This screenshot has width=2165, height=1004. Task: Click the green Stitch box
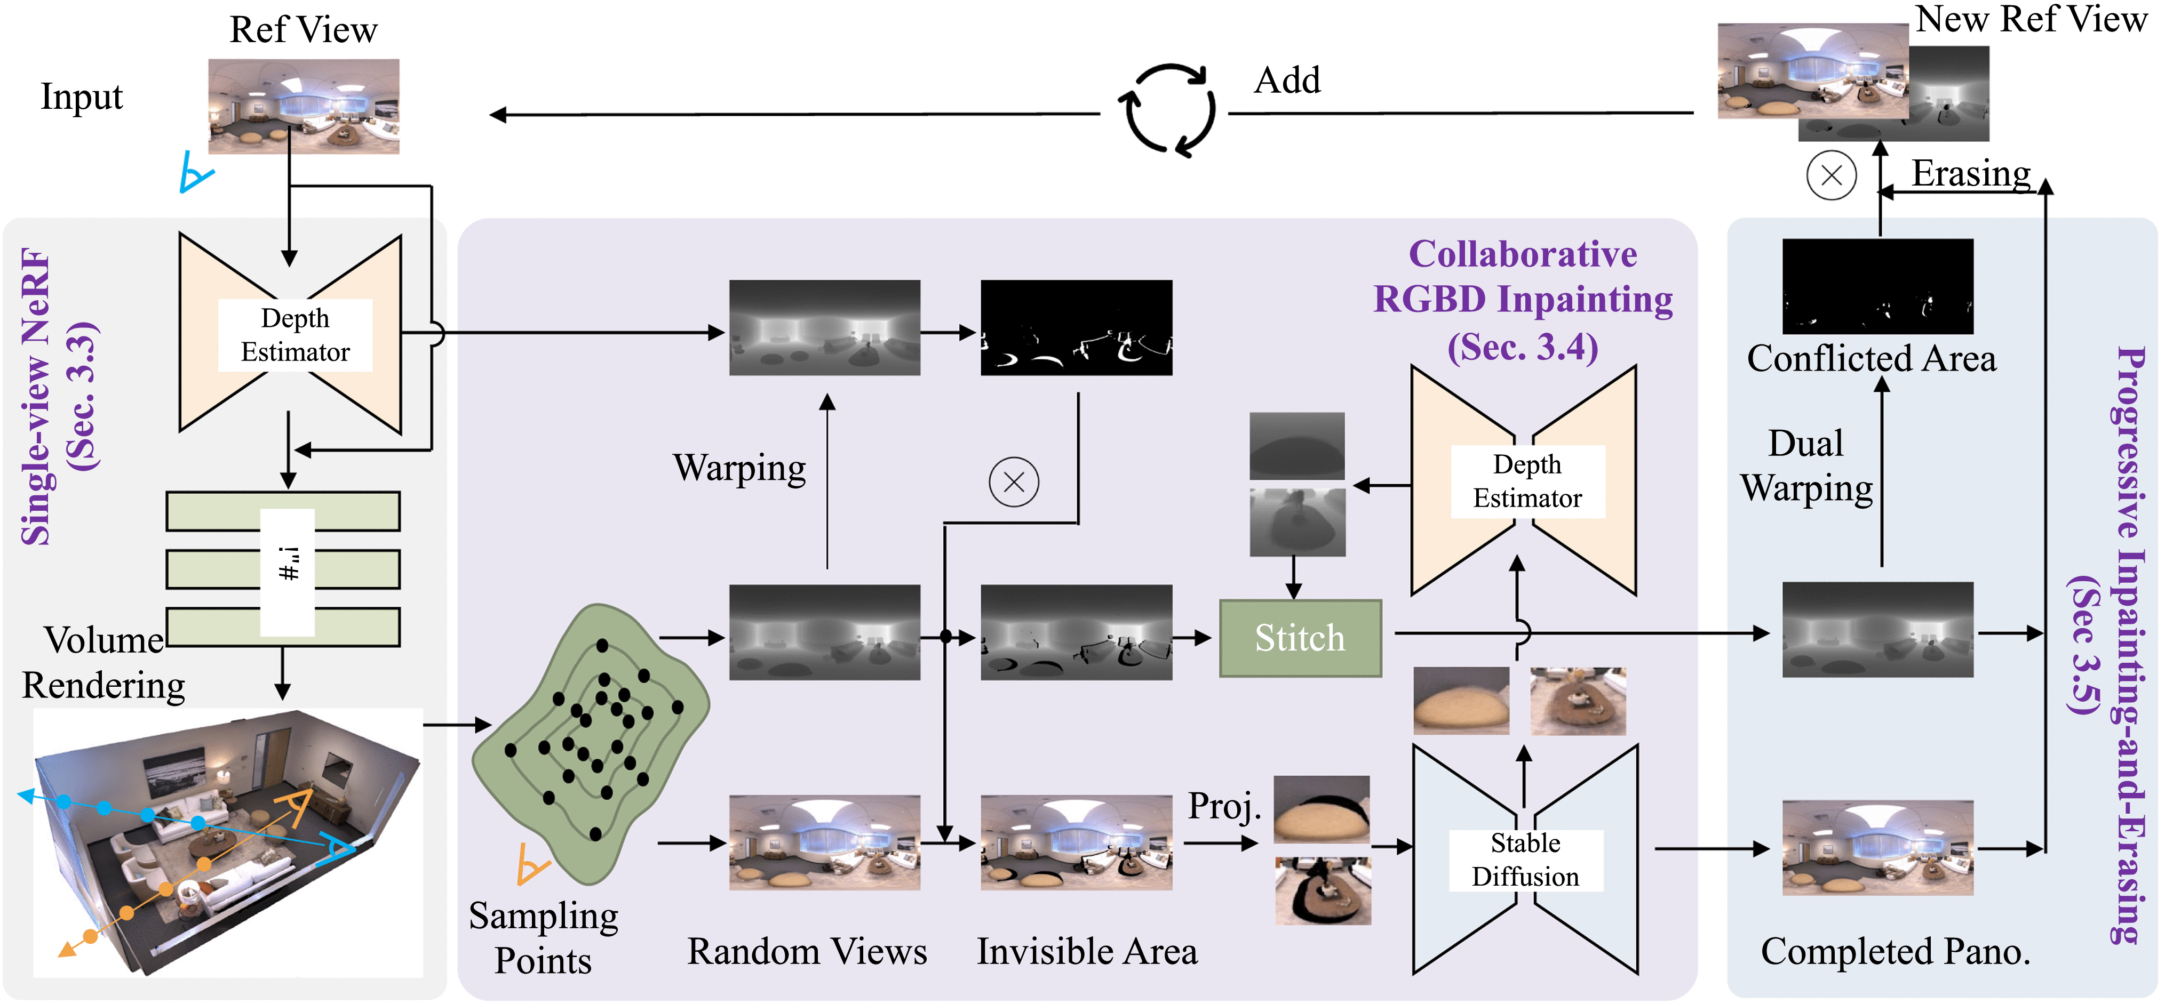[1299, 638]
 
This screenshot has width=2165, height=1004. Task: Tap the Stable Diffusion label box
[1525, 860]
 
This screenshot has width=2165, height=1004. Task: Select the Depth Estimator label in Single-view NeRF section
[295, 334]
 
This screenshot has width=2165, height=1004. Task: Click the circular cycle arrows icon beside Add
[1167, 110]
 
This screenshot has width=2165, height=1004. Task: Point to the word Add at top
[1287, 81]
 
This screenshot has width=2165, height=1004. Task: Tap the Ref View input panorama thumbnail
[304, 106]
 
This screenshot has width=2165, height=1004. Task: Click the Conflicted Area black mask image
[1877, 286]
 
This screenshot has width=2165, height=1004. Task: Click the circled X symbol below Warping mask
[1014, 482]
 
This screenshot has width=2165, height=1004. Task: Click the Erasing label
[1971, 173]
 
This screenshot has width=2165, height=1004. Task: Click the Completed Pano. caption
[1895, 951]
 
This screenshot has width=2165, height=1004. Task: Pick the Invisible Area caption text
[1087, 951]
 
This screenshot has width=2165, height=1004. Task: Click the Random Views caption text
[807, 951]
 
